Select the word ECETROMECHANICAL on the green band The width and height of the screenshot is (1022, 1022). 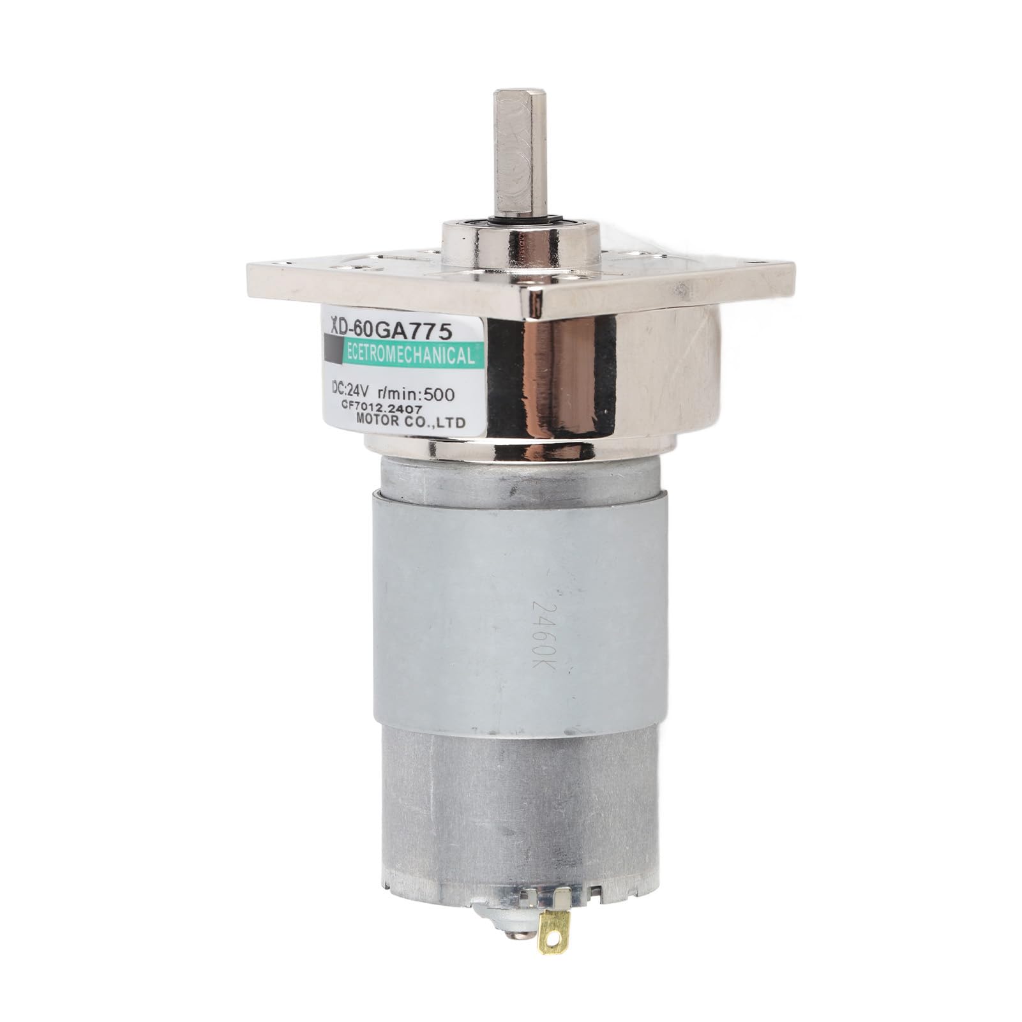click(x=409, y=355)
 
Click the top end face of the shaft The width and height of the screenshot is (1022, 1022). click(x=520, y=94)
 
